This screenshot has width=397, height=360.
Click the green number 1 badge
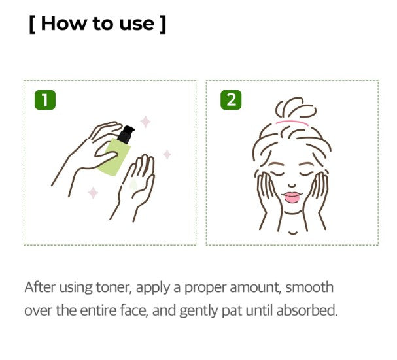[x=45, y=100]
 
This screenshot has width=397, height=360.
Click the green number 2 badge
[x=230, y=100]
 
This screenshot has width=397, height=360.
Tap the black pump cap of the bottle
[x=128, y=133]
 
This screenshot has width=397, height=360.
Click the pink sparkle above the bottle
[x=146, y=122]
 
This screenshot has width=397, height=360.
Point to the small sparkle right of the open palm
[x=167, y=154]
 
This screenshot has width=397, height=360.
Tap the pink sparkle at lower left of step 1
[x=93, y=192]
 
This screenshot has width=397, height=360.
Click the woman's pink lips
[x=292, y=196]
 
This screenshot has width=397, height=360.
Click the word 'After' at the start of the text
[x=38, y=287]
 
